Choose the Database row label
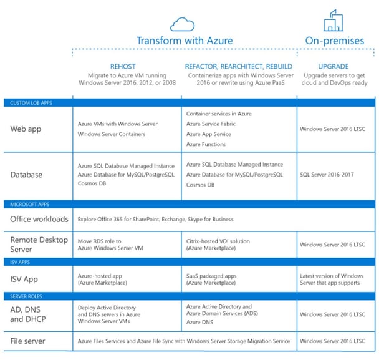pyautogui.click(x=27, y=175)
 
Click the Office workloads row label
pyautogui.click(x=40, y=220)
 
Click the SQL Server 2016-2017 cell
pyautogui.click(x=327, y=175)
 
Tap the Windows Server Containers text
pyautogui.click(x=112, y=134)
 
